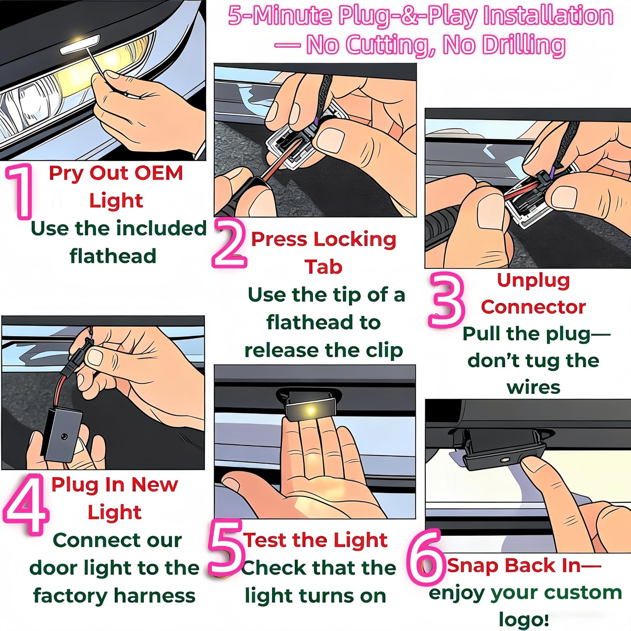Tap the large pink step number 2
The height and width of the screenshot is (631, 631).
pyautogui.click(x=230, y=244)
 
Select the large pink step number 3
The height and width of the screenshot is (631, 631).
pyautogui.click(x=446, y=300)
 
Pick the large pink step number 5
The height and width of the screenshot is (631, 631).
pyautogui.click(x=227, y=547)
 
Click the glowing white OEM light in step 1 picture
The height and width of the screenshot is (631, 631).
pyautogui.click(x=80, y=44)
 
